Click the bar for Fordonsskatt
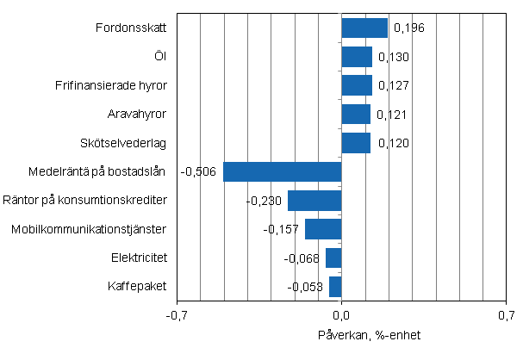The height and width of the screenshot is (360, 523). point(364,28)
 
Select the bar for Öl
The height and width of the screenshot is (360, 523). point(357,57)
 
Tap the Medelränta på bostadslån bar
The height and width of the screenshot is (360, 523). point(282,171)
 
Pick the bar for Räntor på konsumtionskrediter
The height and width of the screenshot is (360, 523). point(314,201)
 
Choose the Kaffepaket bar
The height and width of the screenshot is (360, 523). point(335,286)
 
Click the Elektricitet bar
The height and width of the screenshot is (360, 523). point(333,258)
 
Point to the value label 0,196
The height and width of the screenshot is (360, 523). point(408,28)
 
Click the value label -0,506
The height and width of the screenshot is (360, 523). point(199,171)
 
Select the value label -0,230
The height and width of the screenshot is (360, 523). point(263,201)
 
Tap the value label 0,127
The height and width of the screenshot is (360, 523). point(392,86)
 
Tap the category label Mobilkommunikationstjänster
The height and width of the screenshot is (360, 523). point(89,229)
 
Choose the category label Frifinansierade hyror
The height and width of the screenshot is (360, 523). point(115,86)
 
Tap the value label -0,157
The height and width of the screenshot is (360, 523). point(281,230)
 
